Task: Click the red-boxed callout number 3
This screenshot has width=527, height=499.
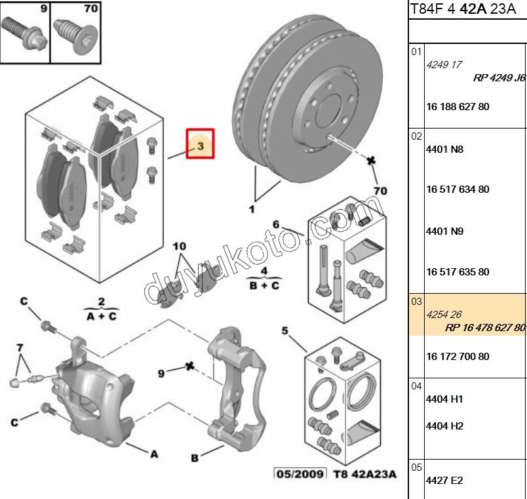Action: coord(201,144)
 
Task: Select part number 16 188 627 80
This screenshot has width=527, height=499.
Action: coord(458,107)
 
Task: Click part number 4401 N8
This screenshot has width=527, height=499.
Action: coord(444,150)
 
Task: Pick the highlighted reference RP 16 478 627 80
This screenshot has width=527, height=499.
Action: coord(485,328)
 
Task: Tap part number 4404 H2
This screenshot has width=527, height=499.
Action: coord(444,426)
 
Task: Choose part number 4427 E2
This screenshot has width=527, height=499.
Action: coord(444,481)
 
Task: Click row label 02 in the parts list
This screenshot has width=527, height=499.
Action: coord(416,136)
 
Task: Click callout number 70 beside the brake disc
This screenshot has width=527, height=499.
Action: coord(380,191)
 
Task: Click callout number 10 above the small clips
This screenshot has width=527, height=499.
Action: coord(179,247)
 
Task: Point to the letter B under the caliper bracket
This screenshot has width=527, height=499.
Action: coord(195,458)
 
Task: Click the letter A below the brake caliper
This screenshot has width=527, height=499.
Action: coord(154,453)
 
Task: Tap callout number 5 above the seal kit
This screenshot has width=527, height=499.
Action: coord(285,330)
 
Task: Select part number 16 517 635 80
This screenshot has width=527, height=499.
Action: coord(458,272)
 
